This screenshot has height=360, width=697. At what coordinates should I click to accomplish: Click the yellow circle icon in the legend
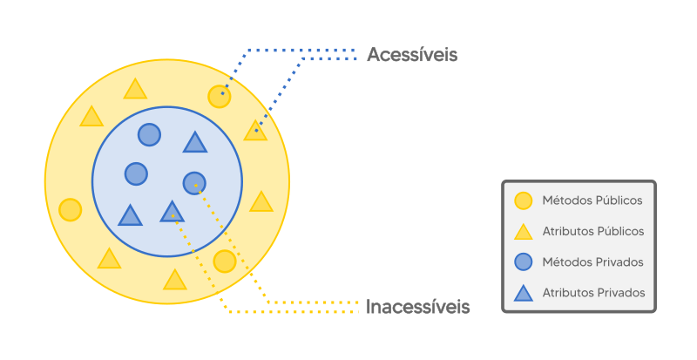pyautogui.click(x=523, y=200)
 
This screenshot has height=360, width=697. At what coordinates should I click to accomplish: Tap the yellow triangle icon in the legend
pyautogui.click(x=523, y=232)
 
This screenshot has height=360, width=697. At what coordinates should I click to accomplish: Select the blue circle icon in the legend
pyautogui.click(x=523, y=262)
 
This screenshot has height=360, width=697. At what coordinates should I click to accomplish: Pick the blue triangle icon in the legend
pyautogui.click(x=523, y=293)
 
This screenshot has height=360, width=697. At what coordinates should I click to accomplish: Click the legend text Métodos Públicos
pyautogui.click(x=592, y=200)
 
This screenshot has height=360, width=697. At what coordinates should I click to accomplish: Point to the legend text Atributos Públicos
pyautogui.click(x=593, y=231)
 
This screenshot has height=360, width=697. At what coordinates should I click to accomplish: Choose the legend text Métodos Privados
pyautogui.click(x=592, y=262)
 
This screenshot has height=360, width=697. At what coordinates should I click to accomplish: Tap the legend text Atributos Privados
pyautogui.click(x=593, y=293)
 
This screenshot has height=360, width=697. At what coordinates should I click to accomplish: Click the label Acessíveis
pyautogui.click(x=412, y=55)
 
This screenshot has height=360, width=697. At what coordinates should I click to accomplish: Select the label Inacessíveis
pyautogui.click(x=418, y=307)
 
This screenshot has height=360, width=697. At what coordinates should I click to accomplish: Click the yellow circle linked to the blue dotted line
pyautogui.click(x=220, y=96)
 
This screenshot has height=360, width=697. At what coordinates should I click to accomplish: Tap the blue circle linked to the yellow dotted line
pyautogui.click(x=194, y=183)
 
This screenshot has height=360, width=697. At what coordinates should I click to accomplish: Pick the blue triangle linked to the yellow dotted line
pyautogui.click(x=173, y=212)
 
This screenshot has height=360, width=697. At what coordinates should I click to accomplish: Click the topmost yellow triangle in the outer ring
pyautogui.click(x=135, y=89)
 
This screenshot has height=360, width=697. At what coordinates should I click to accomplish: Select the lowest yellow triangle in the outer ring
pyautogui.click(x=175, y=280)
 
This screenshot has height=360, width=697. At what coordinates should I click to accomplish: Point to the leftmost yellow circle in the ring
pyautogui.click(x=71, y=210)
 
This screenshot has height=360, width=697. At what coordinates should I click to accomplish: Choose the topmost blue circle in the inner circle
pyautogui.click(x=150, y=134)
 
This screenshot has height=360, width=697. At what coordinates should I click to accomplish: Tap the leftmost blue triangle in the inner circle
pyautogui.click(x=130, y=215)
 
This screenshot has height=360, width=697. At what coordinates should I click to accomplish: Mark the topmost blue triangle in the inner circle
pyautogui.click(x=195, y=142)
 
